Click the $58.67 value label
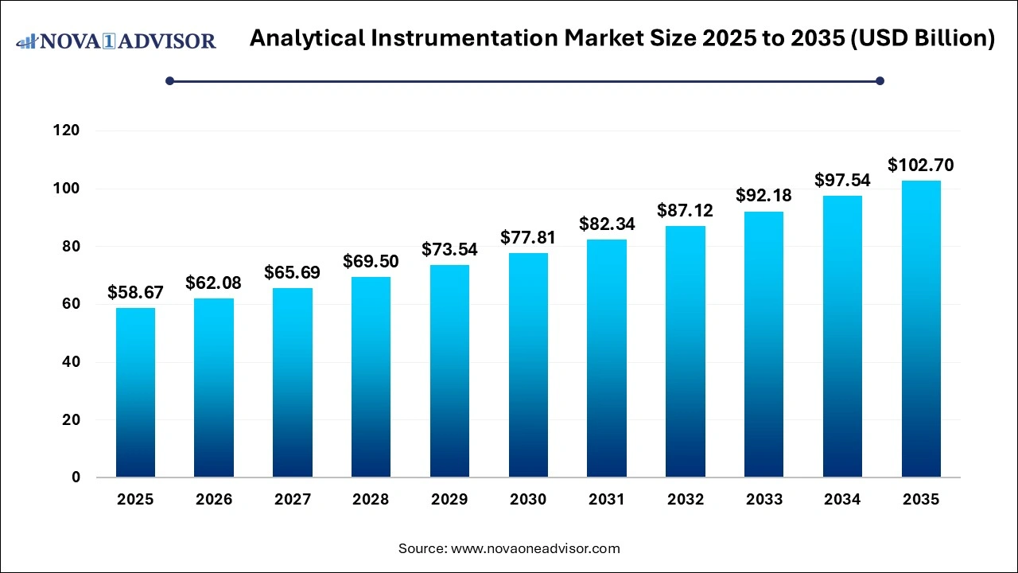point(135,293)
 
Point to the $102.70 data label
point(921,166)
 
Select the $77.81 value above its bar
point(528,237)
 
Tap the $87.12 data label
point(685,211)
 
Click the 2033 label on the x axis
point(763,500)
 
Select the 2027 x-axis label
point(292,500)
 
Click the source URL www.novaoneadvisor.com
point(535,548)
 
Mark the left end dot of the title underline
point(169,80)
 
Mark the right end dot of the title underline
point(880,80)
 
